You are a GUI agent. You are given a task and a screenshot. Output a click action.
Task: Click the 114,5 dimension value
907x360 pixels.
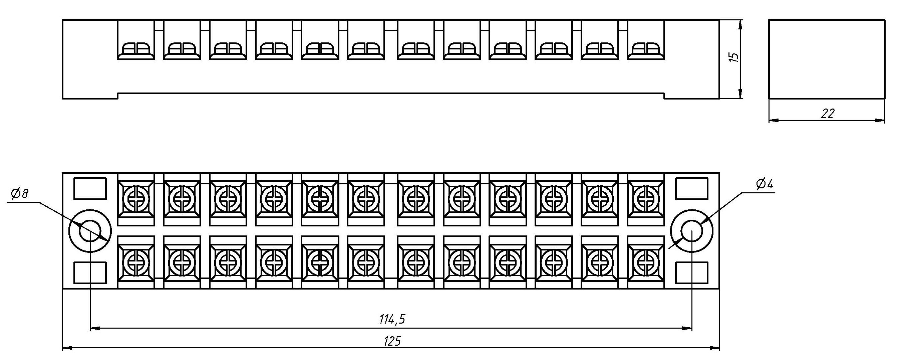(392, 319)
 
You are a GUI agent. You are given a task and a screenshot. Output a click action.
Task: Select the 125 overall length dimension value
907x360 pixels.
(392, 341)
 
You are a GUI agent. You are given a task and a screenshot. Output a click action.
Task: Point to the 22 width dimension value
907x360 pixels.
(828, 114)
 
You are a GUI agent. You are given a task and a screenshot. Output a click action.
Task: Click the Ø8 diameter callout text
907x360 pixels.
(19, 194)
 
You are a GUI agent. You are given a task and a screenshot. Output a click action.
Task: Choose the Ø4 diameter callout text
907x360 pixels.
(765, 184)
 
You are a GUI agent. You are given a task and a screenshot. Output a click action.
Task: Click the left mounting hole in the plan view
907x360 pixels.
(90, 231)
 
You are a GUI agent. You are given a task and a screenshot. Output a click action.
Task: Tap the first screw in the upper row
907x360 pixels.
(136, 199)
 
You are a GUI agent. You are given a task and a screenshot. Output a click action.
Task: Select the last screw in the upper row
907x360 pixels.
(646, 199)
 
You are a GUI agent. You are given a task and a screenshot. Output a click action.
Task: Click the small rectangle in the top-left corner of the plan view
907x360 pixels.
(90, 189)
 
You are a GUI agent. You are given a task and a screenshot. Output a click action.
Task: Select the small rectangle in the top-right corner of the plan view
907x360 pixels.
(691, 189)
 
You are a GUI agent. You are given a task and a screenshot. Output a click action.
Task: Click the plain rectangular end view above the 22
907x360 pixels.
(826, 59)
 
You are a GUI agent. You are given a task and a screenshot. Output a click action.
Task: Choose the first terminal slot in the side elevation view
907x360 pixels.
(136, 40)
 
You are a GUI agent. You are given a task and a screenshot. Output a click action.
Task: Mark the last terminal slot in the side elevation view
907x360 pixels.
(646, 40)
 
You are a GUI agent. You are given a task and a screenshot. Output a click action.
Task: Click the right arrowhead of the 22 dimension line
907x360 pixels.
(880, 121)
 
